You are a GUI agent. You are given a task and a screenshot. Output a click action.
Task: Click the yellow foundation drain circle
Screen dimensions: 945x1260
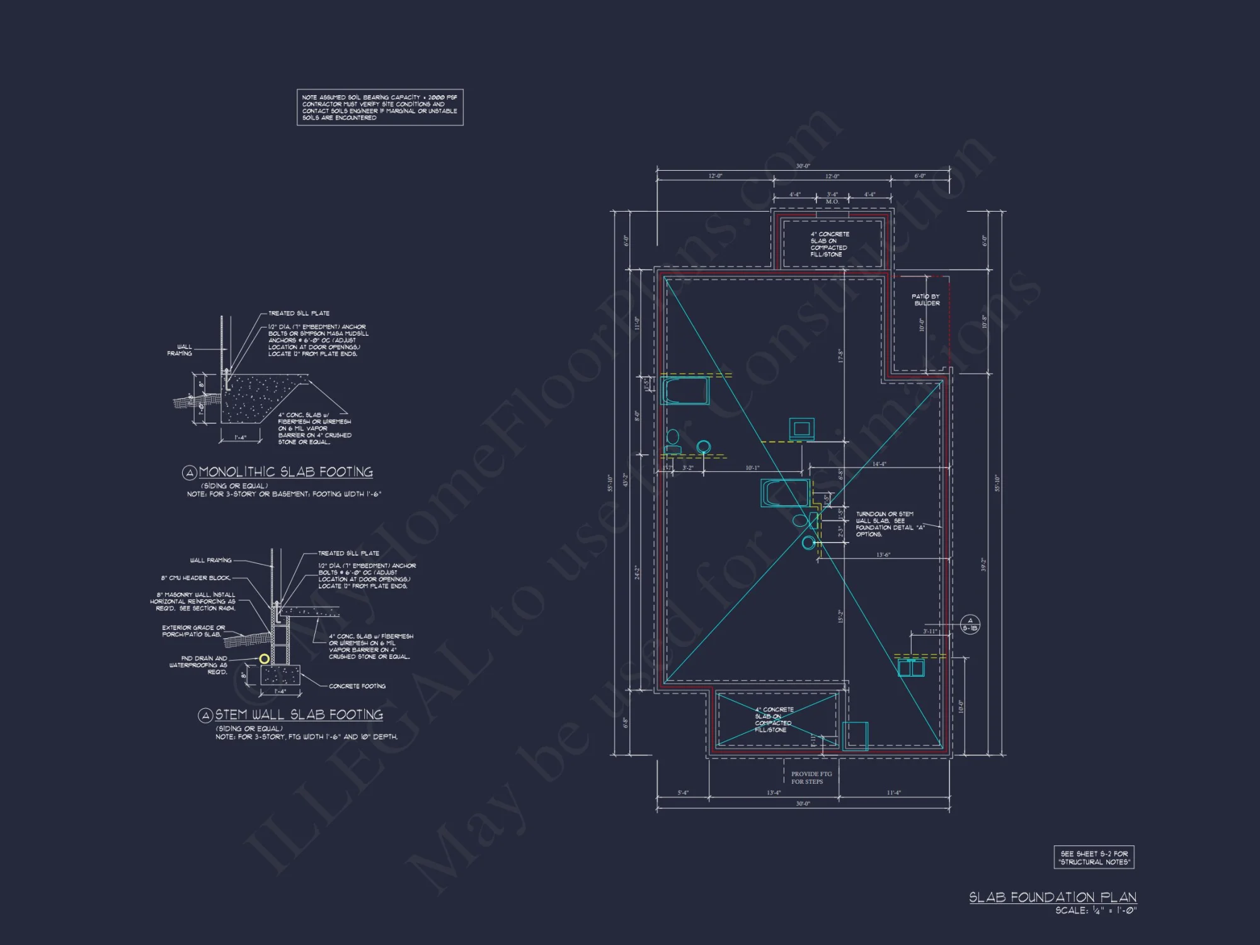(x=265, y=659)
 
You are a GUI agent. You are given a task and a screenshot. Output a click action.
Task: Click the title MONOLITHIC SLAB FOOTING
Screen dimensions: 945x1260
(x=285, y=472)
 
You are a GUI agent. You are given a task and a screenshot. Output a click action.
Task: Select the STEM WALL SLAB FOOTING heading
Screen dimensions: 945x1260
(x=299, y=714)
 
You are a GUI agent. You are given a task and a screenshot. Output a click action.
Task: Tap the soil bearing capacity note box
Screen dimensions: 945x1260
(x=380, y=107)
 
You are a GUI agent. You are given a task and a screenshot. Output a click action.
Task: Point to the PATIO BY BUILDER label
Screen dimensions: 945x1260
(x=926, y=300)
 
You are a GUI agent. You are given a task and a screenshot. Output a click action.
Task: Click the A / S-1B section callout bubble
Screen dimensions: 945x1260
(x=970, y=624)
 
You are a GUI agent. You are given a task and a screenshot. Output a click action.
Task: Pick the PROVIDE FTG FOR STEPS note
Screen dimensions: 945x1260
(x=811, y=777)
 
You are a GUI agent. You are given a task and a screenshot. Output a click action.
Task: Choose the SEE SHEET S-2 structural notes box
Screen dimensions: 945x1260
(x=1094, y=857)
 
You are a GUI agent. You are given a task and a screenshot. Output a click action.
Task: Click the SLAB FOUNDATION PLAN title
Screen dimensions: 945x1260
(x=1052, y=896)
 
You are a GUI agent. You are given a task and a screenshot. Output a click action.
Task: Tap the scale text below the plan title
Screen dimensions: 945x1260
(x=1096, y=910)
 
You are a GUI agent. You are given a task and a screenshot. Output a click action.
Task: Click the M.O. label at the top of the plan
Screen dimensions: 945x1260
(x=832, y=202)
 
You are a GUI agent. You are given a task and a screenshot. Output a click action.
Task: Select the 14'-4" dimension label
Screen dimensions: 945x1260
(x=879, y=464)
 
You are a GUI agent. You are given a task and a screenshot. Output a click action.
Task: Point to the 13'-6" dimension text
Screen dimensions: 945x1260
(x=883, y=555)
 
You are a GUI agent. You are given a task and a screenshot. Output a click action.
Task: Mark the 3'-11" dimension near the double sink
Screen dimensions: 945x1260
(x=930, y=631)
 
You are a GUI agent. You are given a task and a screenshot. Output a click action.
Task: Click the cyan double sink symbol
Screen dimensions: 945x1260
(x=911, y=668)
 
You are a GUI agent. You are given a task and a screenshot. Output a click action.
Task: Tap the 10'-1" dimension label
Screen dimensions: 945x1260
(x=752, y=468)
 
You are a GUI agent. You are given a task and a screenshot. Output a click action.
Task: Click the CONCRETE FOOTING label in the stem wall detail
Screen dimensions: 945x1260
(x=357, y=686)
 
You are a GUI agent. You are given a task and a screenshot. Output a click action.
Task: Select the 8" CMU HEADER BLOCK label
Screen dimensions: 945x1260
(x=195, y=578)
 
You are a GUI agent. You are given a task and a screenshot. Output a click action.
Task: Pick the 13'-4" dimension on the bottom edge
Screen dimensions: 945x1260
(x=774, y=793)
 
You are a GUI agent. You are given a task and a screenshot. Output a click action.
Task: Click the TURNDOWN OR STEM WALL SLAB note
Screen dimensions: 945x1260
(x=885, y=524)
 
